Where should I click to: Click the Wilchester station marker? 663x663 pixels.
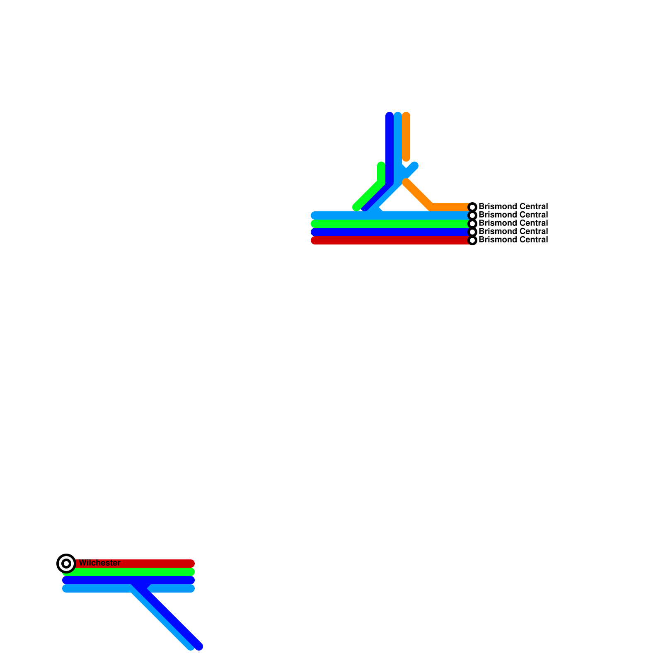pyautogui.click(x=66, y=564)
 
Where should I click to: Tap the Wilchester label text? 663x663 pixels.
pyautogui.click(x=99, y=563)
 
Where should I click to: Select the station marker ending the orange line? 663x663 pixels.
pyautogui.click(x=472, y=207)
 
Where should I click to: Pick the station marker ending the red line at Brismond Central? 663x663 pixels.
pyautogui.click(x=472, y=240)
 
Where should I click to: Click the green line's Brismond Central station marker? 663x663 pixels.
pyautogui.click(x=472, y=224)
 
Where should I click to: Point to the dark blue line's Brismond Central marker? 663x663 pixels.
pyautogui.click(x=472, y=232)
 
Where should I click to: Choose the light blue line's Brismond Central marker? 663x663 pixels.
pyautogui.click(x=472, y=215)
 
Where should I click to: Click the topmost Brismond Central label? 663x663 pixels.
pyautogui.click(x=513, y=206)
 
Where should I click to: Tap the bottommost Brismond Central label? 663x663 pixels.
pyautogui.click(x=513, y=240)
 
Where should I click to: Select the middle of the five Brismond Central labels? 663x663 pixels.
pyautogui.click(x=513, y=223)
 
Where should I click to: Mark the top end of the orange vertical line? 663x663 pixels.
pyautogui.click(x=406, y=116)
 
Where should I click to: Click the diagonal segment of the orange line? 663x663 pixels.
pyautogui.click(x=419, y=194)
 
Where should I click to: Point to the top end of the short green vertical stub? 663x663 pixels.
pyautogui.click(x=381, y=166)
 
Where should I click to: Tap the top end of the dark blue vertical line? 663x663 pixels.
pyautogui.click(x=390, y=116)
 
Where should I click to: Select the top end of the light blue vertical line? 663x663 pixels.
pyautogui.click(x=398, y=116)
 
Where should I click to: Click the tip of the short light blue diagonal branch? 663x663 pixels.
pyautogui.click(x=415, y=166)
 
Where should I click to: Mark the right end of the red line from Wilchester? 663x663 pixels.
pyautogui.click(x=191, y=564)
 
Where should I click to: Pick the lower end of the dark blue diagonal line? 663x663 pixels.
pyautogui.click(x=199, y=646)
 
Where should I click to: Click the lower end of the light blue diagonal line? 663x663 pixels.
pyautogui.click(x=190, y=646)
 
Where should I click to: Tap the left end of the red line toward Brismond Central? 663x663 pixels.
pyautogui.click(x=315, y=240)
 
